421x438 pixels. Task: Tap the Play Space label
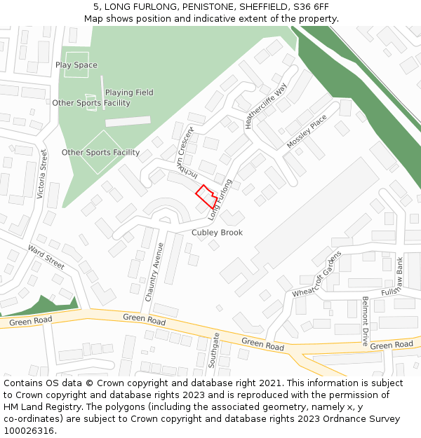(x=76, y=65)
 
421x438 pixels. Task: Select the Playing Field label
(x=129, y=93)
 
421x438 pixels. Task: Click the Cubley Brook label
(x=218, y=233)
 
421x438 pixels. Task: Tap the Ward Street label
(x=46, y=257)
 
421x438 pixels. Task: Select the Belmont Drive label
(x=366, y=321)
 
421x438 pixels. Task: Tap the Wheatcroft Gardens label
(x=316, y=273)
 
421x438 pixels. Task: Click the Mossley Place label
(x=307, y=132)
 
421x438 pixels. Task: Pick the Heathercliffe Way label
(x=267, y=107)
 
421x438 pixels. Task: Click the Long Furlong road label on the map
(x=220, y=199)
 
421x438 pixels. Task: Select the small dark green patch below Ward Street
(x=42, y=305)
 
